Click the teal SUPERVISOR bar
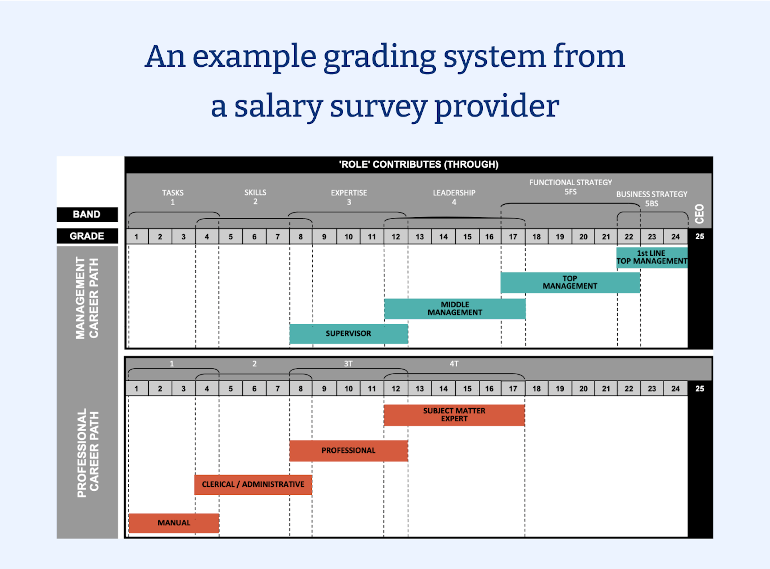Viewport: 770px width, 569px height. [x=348, y=333]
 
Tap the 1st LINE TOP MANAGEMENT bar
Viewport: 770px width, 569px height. [x=651, y=257]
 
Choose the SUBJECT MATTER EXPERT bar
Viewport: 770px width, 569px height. [x=454, y=415]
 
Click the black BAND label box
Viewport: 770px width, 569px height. [x=87, y=214]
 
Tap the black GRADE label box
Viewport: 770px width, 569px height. [x=87, y=236]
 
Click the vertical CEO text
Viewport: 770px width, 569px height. [x=699, y=214]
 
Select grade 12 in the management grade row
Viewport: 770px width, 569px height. [x=395, y=237]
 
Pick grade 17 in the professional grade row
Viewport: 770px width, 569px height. [x=513, y=389]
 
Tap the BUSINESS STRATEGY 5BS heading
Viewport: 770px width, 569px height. [x=651, y=198]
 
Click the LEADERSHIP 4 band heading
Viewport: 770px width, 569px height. [x=454, y=197]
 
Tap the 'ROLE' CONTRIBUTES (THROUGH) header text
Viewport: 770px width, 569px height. [x=419, y=164]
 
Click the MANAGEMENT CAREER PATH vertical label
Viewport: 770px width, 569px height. [x=87, y=298]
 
